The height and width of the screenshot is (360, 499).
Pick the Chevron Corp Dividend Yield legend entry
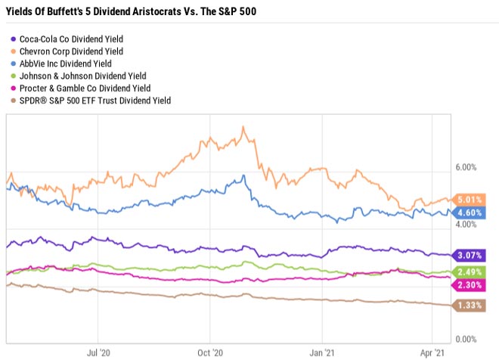tap(73, 51)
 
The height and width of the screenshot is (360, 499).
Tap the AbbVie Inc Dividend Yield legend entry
tap(70, 63)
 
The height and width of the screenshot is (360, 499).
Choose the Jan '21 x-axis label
tap(323, 352)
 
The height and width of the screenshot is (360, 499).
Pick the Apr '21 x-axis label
tap(432, 352)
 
